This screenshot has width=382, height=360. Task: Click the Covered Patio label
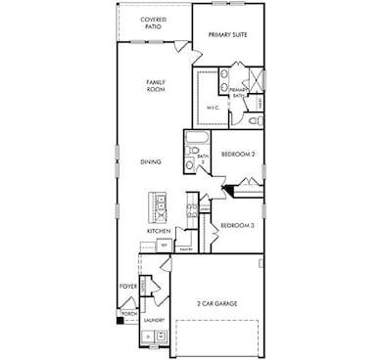pos(153,22)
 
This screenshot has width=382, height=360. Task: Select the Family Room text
pos(155,86)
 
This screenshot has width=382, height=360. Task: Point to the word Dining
pos(152,162)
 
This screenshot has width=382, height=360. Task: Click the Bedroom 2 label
pos(237,155)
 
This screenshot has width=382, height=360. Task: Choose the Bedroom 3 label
pos(237,225)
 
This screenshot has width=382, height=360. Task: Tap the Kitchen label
pos(160,231)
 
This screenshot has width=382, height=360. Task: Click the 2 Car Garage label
pos(216,304)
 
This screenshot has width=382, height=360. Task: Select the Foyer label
pos(127,287)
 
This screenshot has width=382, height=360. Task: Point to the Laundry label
pos(153,319)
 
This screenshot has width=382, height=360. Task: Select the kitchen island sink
pos(159,206)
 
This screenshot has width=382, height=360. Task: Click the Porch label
pos(128,313)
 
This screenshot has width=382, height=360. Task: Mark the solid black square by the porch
pos(120,319)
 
